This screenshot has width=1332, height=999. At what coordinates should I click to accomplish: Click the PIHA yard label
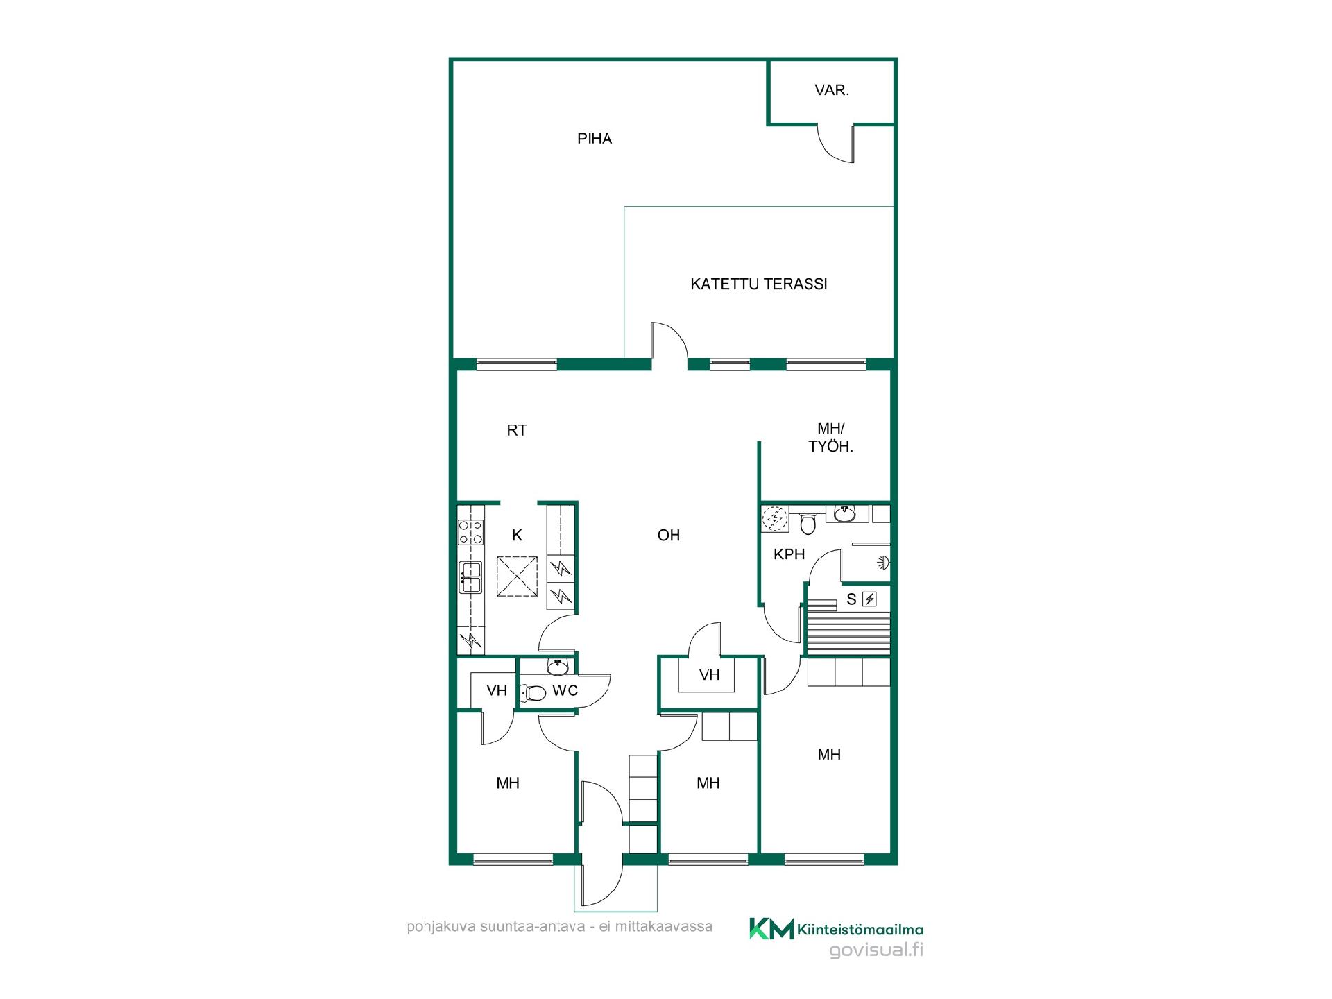pyautogui.click(x=595, y=139)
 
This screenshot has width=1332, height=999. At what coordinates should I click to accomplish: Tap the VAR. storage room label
pyautogui.click(x=832, y=90)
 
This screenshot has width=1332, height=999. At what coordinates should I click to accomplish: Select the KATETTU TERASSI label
pyautogui.click(x=759, y=284)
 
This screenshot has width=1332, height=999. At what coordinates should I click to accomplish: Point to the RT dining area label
pyautogui.click(x=517, y=430)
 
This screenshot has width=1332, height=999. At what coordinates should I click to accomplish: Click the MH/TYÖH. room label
pyautogui.click(x=831, y=438)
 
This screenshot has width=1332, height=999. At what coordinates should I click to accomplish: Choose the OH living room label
pyautogui.click(x=669, y=535)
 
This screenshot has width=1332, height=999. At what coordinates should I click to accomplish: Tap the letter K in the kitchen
pyautogui.click(x=517, y=535)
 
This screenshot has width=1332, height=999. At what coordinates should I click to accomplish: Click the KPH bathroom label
pyautogui.click(x=789, y=554)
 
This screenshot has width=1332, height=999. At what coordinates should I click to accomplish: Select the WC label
pyautogui.click(x=565, y=690)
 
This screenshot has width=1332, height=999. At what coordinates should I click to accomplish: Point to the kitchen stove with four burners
pyautogui.click(x=471, y=531)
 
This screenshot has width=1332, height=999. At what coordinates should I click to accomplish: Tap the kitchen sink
pyautogui.click(x=471, y=577)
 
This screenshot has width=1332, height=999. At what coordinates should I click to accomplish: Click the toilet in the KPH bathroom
pyautogui.click(x=808, y=523)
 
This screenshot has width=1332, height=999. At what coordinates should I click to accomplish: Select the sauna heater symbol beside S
pyautogui.click(x=869, y=599)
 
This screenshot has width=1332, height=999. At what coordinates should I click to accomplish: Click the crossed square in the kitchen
pyautogui.click(x=518, y=576)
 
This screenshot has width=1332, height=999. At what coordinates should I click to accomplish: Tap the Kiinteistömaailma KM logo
pyautogui.click(x=771, y=928)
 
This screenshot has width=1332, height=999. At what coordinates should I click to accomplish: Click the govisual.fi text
pyautogui.click(x=876, y=950)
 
